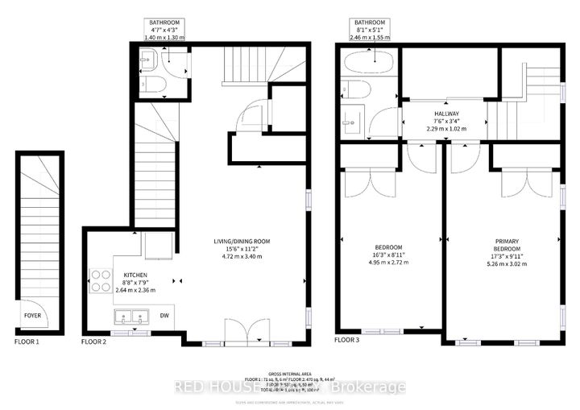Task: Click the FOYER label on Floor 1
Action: tap(32, 315)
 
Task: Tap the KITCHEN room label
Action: tap(113, 275)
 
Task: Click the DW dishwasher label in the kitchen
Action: tap(164, 315)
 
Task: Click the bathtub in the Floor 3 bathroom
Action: tap(367, 64)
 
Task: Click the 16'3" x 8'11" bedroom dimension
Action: tap(388, 254)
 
